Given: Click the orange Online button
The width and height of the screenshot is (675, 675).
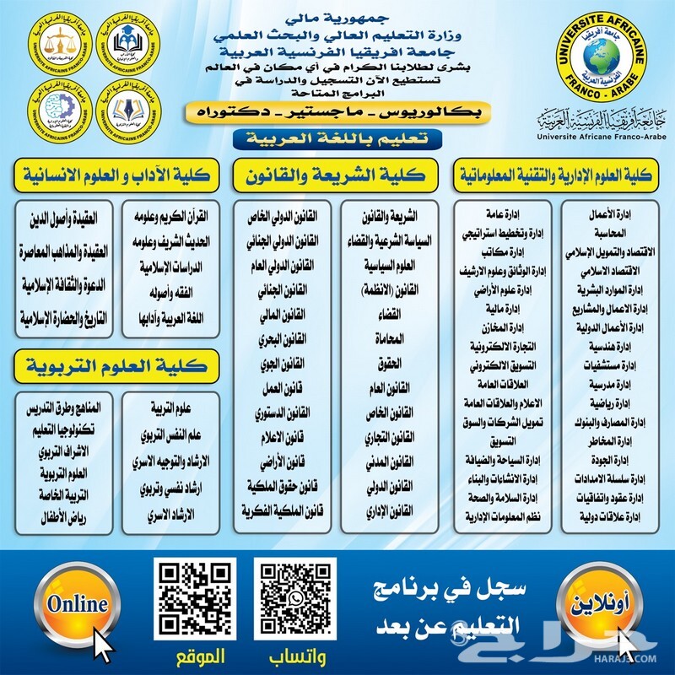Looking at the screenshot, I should (x=78, y=604).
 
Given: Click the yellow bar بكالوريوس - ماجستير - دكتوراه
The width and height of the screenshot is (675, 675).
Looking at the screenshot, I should (x=337, y=111).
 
